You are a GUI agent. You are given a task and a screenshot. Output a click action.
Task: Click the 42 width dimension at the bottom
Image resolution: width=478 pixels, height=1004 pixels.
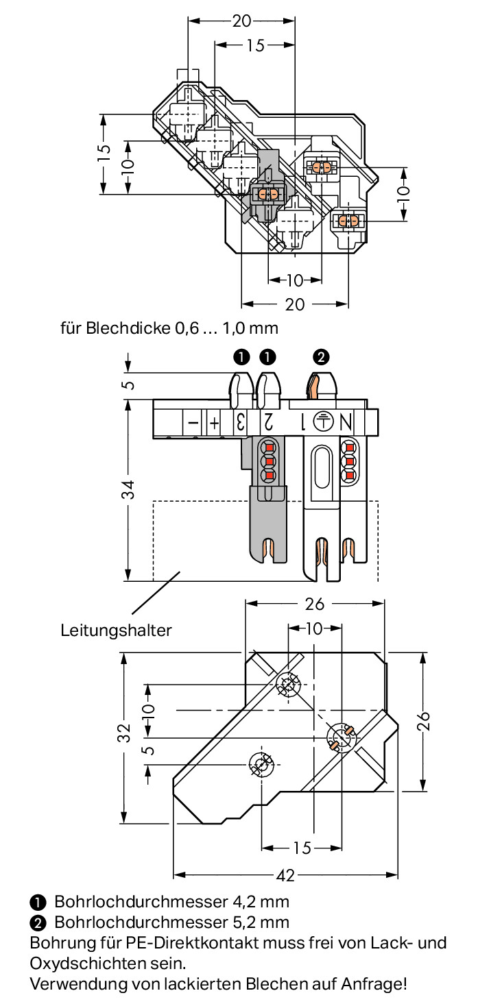tap(285, 875)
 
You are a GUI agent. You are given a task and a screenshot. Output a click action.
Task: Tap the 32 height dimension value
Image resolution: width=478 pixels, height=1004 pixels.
tap(124, 733)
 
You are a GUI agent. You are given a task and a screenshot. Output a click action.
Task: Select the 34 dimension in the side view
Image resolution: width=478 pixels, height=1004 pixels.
tap(129, 489)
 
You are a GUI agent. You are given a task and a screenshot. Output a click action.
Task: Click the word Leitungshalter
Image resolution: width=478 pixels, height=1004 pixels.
tap(116, 630)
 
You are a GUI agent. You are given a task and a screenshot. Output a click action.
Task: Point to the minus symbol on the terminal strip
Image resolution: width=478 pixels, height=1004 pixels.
tap(193, 422)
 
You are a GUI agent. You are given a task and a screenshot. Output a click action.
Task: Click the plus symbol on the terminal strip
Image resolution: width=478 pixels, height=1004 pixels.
tap(215, 423)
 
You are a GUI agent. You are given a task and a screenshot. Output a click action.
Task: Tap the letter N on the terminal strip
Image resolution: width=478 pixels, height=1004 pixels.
tap(346, 422)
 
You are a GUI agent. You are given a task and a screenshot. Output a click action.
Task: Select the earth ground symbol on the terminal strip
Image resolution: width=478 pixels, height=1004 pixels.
tap(323, 421)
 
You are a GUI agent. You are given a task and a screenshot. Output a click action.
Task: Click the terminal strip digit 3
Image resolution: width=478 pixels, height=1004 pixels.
tap(241, 422)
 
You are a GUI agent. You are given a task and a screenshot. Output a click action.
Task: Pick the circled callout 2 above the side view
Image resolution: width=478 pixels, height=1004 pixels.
tap(321, 357)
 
